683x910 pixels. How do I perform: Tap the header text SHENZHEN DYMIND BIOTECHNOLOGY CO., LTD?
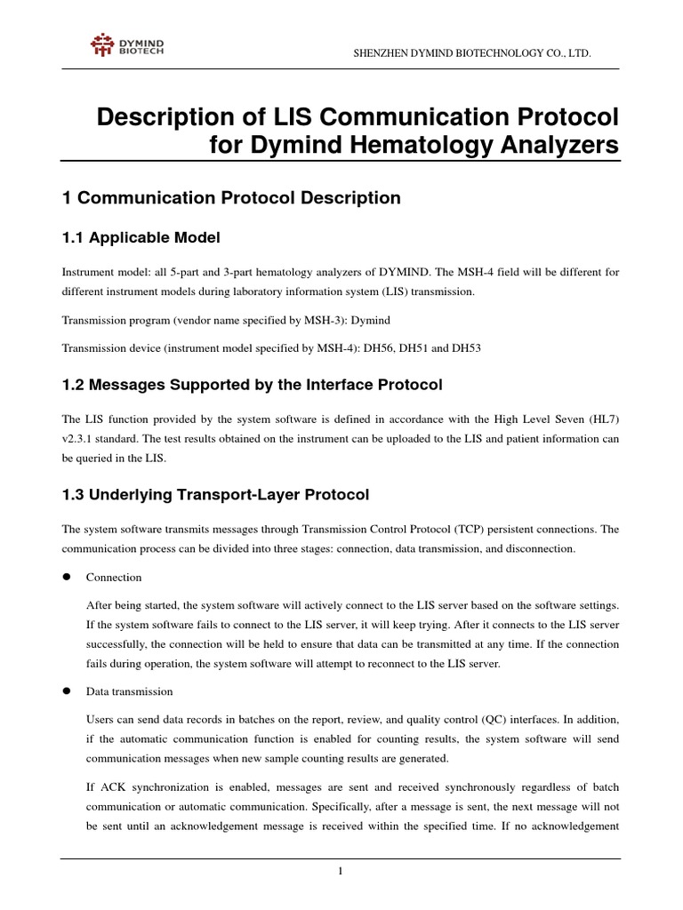coord(472,55)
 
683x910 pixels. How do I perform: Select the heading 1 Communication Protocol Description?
coord(231,198)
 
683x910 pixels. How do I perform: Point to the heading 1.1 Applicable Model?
coord(141,237)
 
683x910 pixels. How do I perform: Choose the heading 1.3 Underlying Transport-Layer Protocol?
coord(215,494)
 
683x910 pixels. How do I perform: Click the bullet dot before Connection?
coord(66,577)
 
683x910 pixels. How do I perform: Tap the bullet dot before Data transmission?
coord(66,691)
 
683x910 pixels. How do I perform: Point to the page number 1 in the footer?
coord(341,870)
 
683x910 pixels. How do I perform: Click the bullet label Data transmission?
coord(129,691)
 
